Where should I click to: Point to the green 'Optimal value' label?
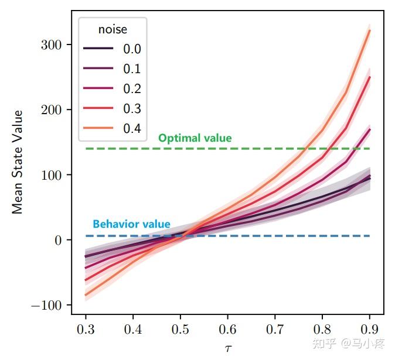(x=195, y=139)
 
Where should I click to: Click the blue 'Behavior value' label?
(x=131, y=224)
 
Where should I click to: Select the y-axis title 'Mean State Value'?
(x=18, y=162)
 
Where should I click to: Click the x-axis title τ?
(x=229, y=348)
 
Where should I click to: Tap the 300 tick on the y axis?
(x=52, y=45)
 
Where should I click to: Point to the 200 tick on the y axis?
(x=52, y=110)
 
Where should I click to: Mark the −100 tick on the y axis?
(x=47, y=305)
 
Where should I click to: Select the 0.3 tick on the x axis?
(x=86, y=327)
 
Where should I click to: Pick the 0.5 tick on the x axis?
(x=181, y=327)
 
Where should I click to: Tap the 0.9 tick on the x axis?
(x=370, y=327)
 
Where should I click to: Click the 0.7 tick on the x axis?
(x=275, y=327)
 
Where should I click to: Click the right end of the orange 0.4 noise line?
(x=370, y=30)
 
